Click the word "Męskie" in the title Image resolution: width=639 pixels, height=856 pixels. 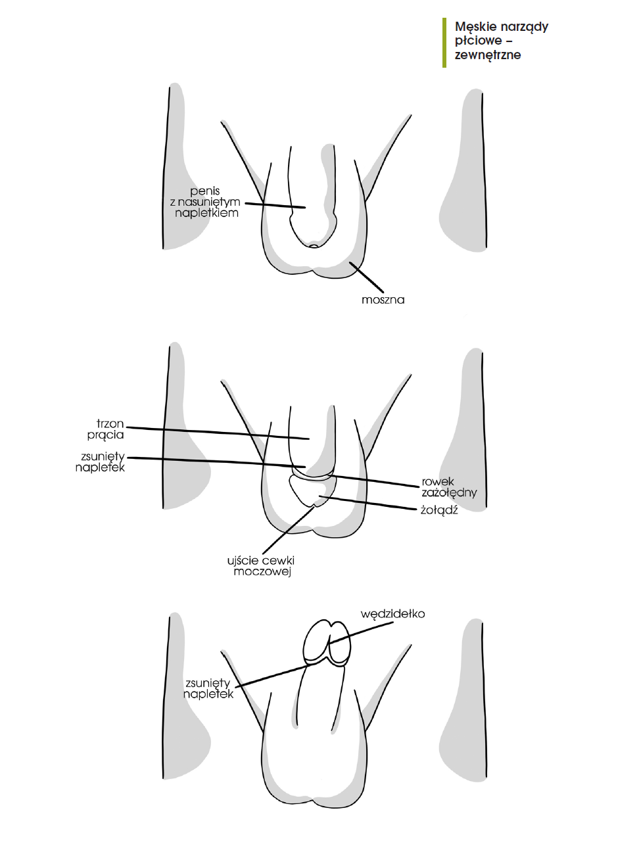(475, 28)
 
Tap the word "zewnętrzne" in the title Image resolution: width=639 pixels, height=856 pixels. (488, 55)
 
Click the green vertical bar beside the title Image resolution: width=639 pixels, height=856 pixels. (444, 43)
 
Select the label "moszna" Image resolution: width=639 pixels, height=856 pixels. (383, 300)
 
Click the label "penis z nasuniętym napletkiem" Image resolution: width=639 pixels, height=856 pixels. (205, 202)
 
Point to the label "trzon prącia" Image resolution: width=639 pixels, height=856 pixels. (106, 429)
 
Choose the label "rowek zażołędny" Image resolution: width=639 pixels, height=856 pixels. (449, 487)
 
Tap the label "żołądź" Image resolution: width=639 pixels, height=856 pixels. (439, 510)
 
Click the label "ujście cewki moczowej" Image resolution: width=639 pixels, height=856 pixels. (261, 566)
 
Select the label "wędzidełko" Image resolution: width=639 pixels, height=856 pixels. (392, 614)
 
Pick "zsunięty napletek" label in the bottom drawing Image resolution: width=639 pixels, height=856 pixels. (208, 688)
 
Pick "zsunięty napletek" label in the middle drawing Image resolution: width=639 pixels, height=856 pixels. (100, 462)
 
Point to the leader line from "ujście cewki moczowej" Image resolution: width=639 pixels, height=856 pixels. (289, 529)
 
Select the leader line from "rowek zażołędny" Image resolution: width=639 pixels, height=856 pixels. (374, 481)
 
